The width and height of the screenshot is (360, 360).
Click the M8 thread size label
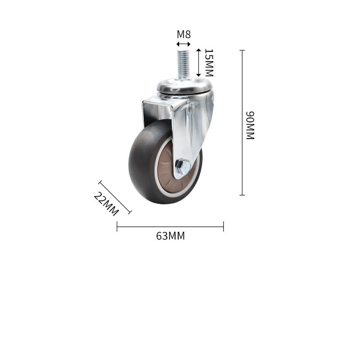coord(184,34)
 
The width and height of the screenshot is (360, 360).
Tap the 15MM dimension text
coord(209,63)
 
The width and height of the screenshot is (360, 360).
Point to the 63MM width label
coord(171,236)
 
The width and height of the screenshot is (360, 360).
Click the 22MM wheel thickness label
coord(106,203)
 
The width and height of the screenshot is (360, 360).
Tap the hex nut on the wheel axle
coord(183,167)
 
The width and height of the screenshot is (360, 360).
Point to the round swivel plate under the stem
coord(184,85)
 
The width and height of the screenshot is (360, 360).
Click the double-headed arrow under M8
coord(184,44)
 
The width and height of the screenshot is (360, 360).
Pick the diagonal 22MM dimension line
coord(115,197)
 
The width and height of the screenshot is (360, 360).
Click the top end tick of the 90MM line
coord(242,50)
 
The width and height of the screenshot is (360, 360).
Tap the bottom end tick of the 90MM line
coord(242,195)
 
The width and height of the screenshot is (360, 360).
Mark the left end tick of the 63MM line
coord(117,226)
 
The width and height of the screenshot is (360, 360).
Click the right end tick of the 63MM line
coord(223,226)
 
